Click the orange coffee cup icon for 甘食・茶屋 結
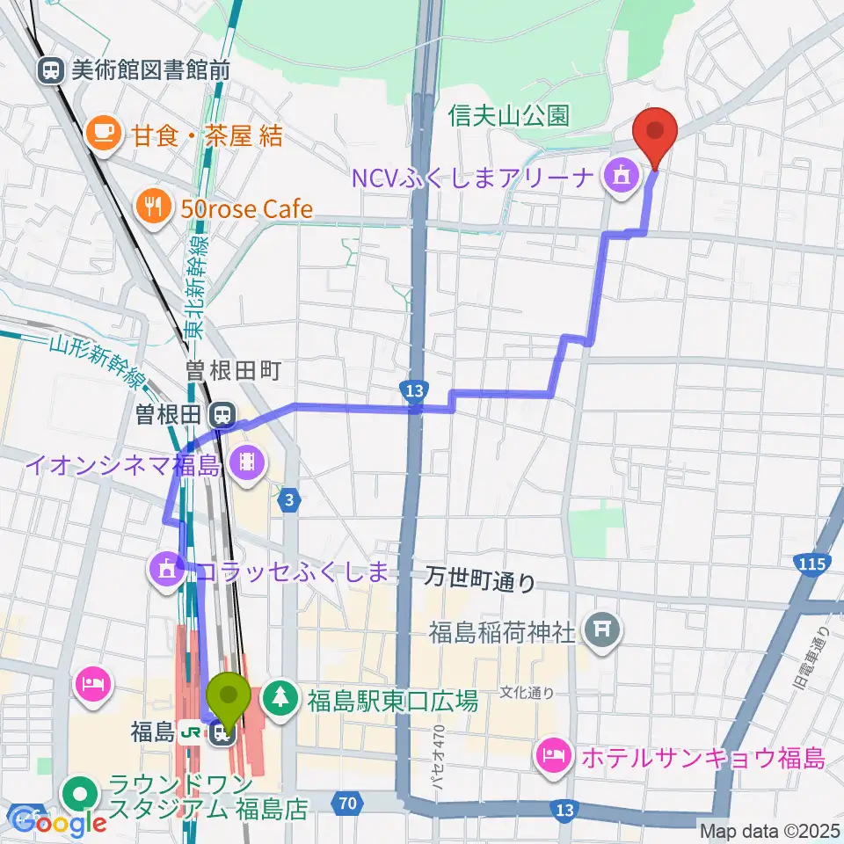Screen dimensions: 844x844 pyautogui.click(x=103, y=135)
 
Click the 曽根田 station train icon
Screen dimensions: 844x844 pyautogui.click(x=223, y=412)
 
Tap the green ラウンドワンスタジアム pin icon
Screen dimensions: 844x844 pyautogui.click(x=81, y=794)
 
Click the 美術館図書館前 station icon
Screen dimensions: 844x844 pyautogui.click(x=51, y=70)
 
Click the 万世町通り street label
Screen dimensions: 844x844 pyautogui.click(x=479, y=578)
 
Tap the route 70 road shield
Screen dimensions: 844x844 pyautogui.click(x=346, y=802)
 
